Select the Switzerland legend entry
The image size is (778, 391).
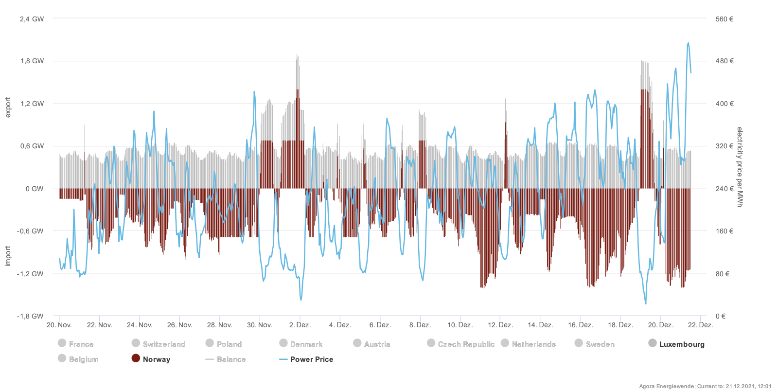pyautogui.click(x=159, y=344)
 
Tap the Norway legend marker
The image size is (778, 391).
pyautogui.click(x=136, y=358)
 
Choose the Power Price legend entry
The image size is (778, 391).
pyautogui.click(x=306, y=359)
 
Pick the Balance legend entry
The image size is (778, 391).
pyautogui.click(x=226, y=359)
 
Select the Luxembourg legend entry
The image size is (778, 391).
pyautogui.click(x=676, y=344)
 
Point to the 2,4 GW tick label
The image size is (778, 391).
pyautogui.click(x=32, y=19)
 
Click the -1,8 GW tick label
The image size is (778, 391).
pyautogui.click(x=31, y=316)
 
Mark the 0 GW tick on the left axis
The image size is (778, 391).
pyautogui.click(x=35, y=189)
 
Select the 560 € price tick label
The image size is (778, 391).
pyautogui.click(x=725, y=19)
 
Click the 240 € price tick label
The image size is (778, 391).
pyautogui.click(x=725, y=189)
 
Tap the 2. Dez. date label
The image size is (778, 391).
pyautogui.click(x=300, y=325)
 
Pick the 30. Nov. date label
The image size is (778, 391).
pyautogui.click(x=259, y=325)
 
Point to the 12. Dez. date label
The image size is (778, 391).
pyautogui.click(x=500, y=325)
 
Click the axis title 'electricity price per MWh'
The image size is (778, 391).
pyautogui.click(x=740, y=167)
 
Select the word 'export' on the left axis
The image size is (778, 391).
pyautogui.click(x=8, y=107)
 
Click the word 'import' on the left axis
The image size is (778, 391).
pyautogui.click(x=8, y=256)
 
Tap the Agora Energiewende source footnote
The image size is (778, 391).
pyautogui.click(x=705, y=386)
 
